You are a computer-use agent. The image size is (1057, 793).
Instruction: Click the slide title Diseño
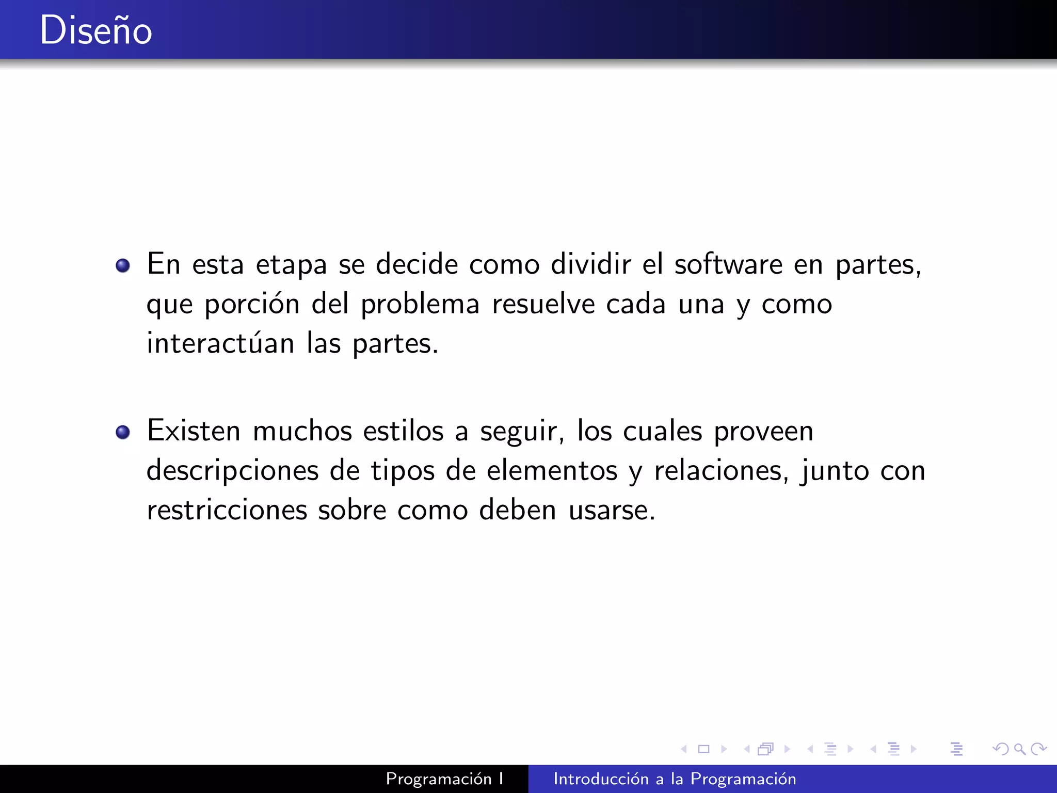pyautogui.click(x=96, y=30)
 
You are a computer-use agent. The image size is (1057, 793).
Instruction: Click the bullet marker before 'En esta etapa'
pyautogui.click(x=123, y=265)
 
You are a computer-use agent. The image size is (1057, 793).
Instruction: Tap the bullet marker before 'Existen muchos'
pyautogui.click(x=123, y=432)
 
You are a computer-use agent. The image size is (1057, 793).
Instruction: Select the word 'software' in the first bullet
pyautogui.click(x=728, y=264)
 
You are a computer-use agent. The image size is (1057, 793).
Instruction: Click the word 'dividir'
pyautogui.click(x=590, y=264)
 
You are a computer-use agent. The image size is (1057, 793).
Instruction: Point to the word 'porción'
pyautogui.click(x=252, y=305)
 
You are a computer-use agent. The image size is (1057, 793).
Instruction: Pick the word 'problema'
pyautogui.click(x=420, y=305)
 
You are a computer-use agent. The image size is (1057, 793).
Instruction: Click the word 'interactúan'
pyautogui.click(x=220, y=343)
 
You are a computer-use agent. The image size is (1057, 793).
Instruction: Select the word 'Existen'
pyautogui.click(x=194, y=431)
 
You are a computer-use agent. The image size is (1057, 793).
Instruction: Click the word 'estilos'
pyautogui.click(x=403, y=431)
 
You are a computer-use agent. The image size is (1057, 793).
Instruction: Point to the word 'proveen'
pyautogui.click(x=763, y=432)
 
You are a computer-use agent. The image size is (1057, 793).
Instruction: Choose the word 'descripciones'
pyautogui.click(x=232, y=471)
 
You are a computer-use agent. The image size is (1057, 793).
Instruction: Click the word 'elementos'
pyautogui.click(x=552, y=470)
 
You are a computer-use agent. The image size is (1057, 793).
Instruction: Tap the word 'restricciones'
pyautogui.click(x=227, y=510)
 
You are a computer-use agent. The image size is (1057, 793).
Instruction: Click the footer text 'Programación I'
pyautogui.click(x=444, y=779)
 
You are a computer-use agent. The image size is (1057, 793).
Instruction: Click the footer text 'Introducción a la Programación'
pyautogui.click(x=675, y=779)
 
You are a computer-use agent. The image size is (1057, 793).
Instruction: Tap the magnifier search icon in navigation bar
pyautogui.click(x=1019, y=749)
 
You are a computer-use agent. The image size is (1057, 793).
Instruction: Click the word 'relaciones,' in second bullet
pyautogui.click(x=721, y=470)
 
